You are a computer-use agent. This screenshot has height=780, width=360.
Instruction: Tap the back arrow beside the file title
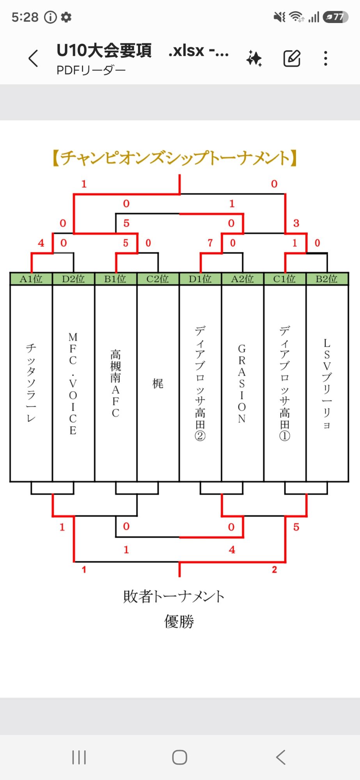point(34,58)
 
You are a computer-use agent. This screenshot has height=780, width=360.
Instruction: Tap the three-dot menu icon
point(326,58)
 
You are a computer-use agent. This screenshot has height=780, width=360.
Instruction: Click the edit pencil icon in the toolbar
point(292,58)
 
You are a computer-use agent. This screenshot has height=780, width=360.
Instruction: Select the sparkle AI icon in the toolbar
point(254,58)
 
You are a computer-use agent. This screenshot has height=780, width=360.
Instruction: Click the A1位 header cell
point(31,279)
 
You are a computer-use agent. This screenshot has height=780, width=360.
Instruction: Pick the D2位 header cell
point(73,279)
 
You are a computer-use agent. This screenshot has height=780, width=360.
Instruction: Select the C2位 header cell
point(158,279)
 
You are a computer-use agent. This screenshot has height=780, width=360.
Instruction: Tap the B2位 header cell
point(327,279)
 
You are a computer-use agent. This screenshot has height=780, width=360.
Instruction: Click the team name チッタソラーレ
point(31,383)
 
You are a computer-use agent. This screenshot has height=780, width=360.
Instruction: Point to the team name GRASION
point(242,383)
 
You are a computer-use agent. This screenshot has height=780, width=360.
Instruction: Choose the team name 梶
point(158,383)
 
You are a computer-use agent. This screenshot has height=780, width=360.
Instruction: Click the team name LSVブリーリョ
point(327,383)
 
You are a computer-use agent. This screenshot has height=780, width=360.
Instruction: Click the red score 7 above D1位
point(210,243)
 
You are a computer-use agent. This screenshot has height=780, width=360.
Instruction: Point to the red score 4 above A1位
point(41,243)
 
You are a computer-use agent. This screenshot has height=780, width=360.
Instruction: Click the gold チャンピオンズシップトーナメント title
point(175,158)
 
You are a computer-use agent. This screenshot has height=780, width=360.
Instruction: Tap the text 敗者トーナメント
point(174,596)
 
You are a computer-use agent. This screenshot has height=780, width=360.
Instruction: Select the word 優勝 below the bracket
point(179,621)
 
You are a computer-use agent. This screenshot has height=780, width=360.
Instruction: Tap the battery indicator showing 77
point(335,17)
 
